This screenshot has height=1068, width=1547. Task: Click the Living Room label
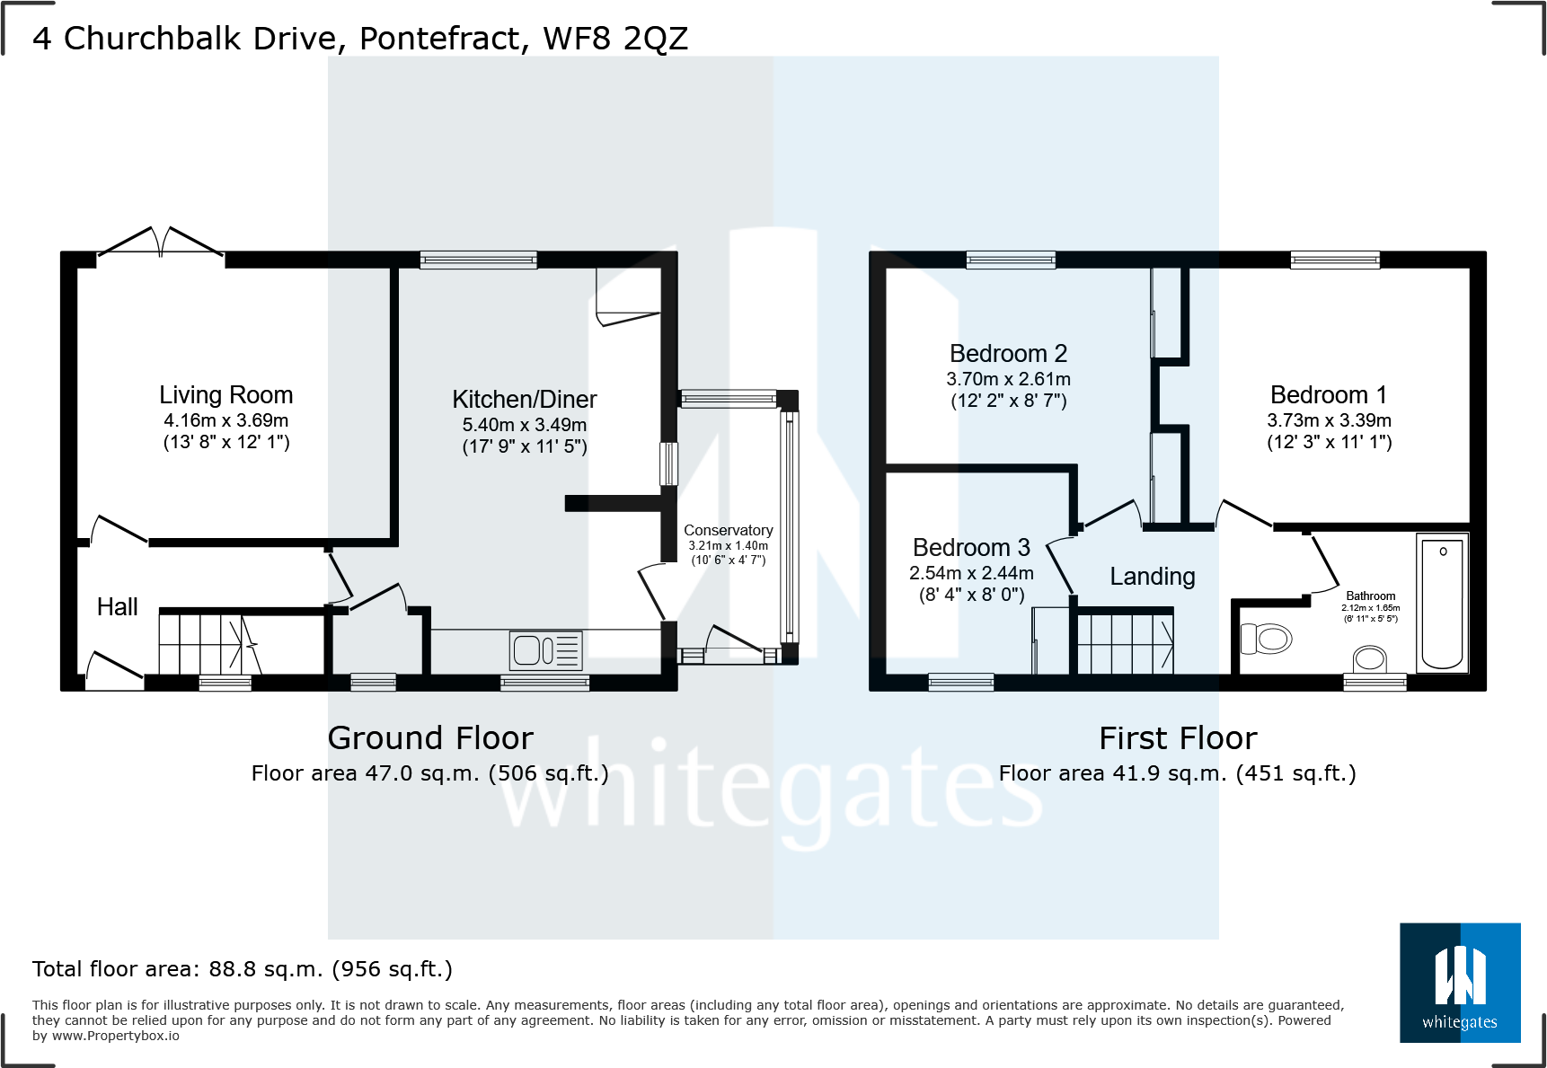tap(225, 395)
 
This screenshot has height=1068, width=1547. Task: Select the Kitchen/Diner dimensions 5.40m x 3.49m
tap(524, 425)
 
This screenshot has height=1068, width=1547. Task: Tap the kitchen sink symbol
tap(545, 650)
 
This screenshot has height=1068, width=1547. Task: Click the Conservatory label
tap(728, 530)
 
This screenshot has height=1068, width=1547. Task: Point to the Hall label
tap(117, 607)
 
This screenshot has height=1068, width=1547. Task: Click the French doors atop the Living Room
tap(160, 243)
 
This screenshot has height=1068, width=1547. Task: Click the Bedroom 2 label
tap(1008, 354)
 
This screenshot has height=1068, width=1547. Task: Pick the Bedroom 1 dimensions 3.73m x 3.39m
tap(1329, 420)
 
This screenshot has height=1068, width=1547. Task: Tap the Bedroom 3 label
tap(971, 548)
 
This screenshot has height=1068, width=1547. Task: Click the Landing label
tap(1152, 577)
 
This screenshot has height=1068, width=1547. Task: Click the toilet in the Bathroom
tap(1267, 640)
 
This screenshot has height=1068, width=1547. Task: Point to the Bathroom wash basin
tap(1370, 660)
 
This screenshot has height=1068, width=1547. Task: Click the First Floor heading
tap(1178, 738)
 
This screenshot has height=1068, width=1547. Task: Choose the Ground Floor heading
tap(430, 738)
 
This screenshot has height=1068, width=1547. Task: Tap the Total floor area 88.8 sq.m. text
tap(242, 969)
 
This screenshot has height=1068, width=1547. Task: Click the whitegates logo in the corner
tap(1460, 983)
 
